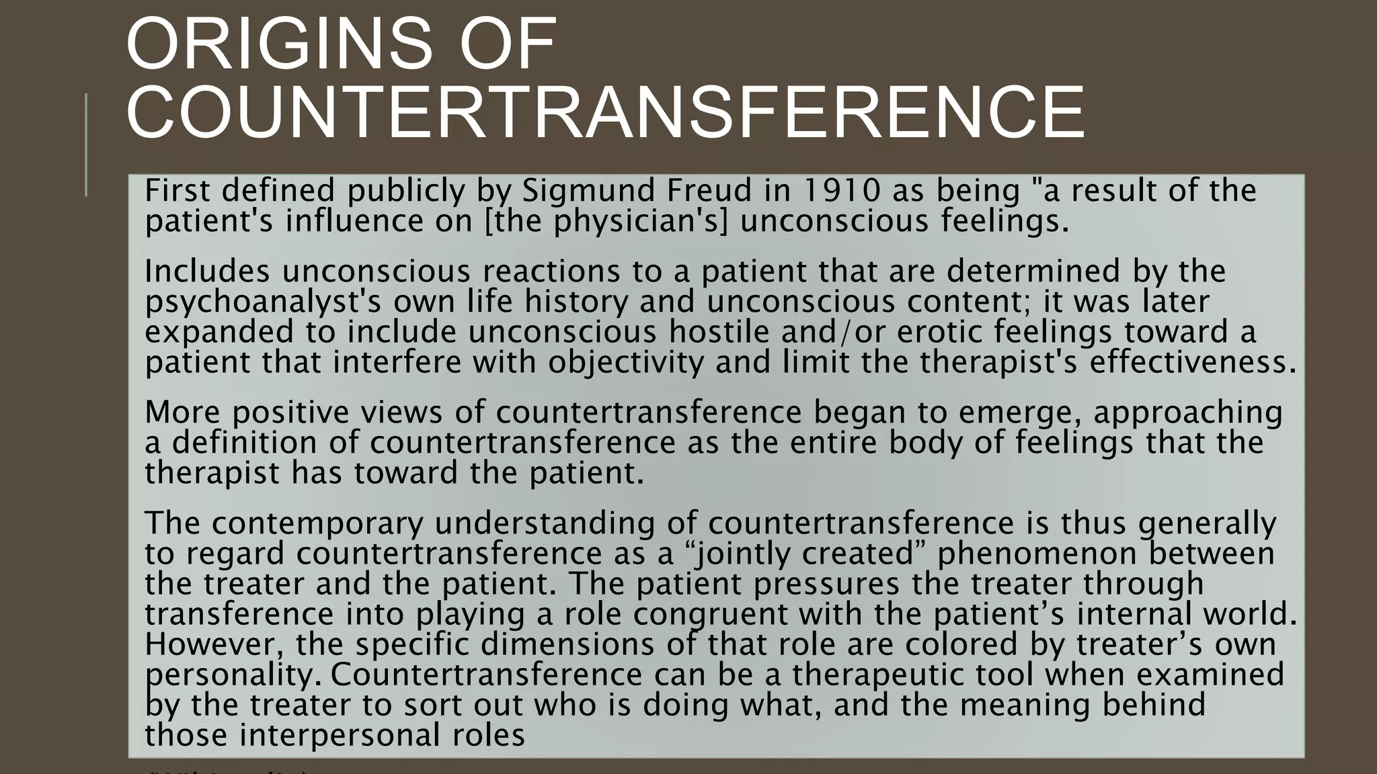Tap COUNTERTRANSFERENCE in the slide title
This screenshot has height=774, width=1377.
point(605,112)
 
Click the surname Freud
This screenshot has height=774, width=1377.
point(709,191)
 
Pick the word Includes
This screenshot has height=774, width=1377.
point(207,271)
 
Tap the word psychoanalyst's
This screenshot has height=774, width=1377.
point(264,302)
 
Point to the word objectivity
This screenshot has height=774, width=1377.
point(626,362)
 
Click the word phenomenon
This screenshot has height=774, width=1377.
point(1036,554)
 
